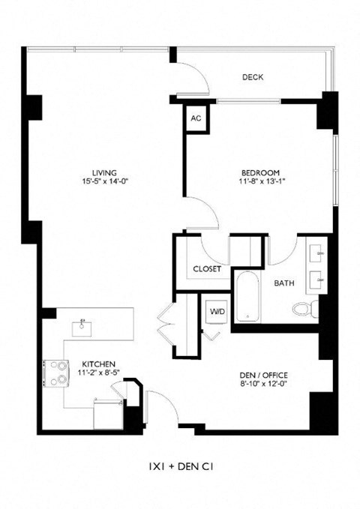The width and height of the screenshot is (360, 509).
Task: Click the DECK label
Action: pyautogui.click(x=252, y=77)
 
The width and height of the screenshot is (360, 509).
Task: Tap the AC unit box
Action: pyautogui.click(x=196, y=118)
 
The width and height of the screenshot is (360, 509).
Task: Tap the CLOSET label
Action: pyautogui.click(x=206, y=268)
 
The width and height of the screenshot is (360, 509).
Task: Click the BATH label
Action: pyautogui.click(x=283, y=283)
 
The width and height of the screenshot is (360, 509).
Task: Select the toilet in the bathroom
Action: pyautogui.click(x=303, y=308)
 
